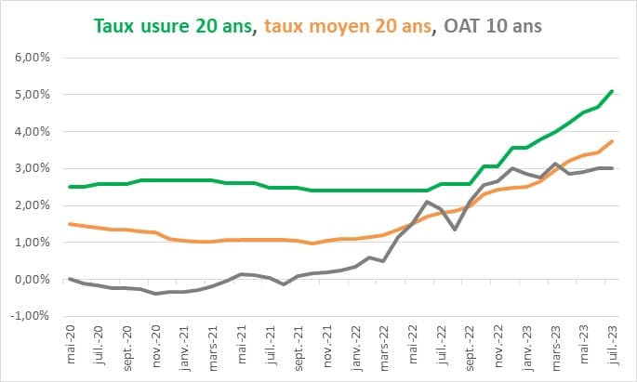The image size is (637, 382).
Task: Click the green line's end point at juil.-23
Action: (611, 91)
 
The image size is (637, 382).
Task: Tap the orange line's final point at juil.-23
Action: (611, 141)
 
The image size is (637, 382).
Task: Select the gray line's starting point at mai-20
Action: (71, 279)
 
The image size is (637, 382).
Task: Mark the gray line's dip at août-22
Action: (455, 229)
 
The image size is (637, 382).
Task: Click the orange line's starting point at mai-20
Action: (71, 224)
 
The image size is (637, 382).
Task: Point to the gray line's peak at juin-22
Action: (426, 202)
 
